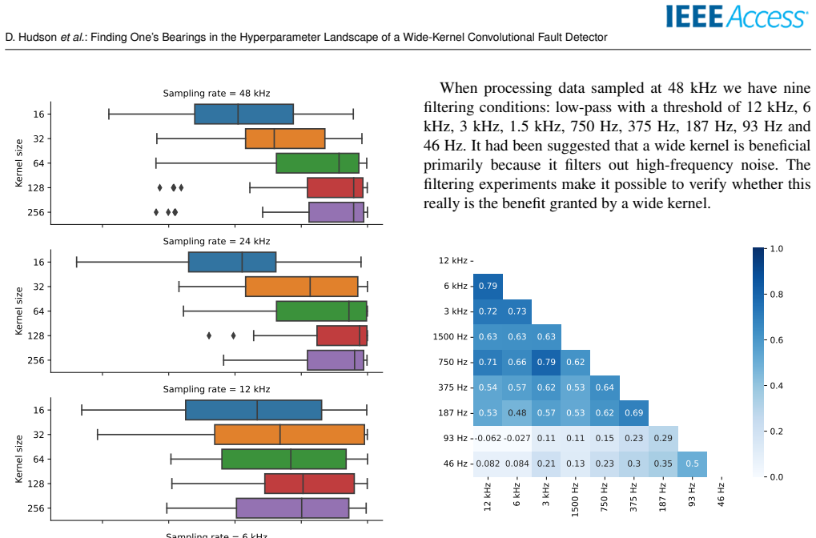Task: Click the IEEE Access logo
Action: (737, 16)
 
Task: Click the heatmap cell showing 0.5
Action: (692, 464)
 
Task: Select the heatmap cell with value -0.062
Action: (488, 439)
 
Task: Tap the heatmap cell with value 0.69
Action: (634, 413)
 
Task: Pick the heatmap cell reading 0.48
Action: (517, 413)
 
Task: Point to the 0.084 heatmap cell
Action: (517, 464)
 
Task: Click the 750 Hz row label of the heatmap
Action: (452, 362)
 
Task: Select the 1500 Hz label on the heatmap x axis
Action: (575, 500)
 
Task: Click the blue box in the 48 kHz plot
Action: (244, 114)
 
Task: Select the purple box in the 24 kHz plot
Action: (336, 360)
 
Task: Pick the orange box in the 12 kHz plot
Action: (289, 435)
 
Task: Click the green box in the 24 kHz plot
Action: (322, 311)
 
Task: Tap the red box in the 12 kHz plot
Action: (310, 484)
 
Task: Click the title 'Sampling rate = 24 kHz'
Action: (216, 242)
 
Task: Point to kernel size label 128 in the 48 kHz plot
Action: (36, 188)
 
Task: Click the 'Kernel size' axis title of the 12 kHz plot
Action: (19, 459)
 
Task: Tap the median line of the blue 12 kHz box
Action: (257, 410)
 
